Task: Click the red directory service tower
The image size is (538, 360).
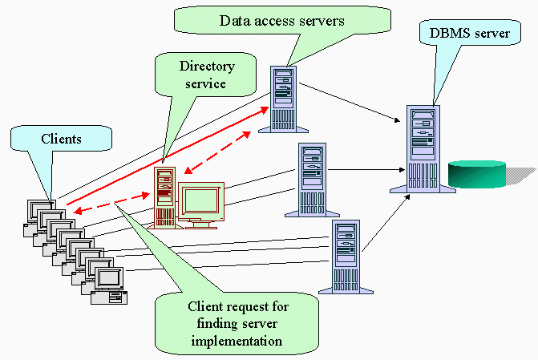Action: click(x=165, y=196)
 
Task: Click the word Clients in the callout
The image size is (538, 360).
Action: click(x=61, y=139)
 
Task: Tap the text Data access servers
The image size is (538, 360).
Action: click(x=281, y=21)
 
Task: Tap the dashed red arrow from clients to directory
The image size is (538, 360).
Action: click(x=104, y=204)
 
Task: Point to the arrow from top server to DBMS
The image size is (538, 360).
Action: click(x=353, y=100)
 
